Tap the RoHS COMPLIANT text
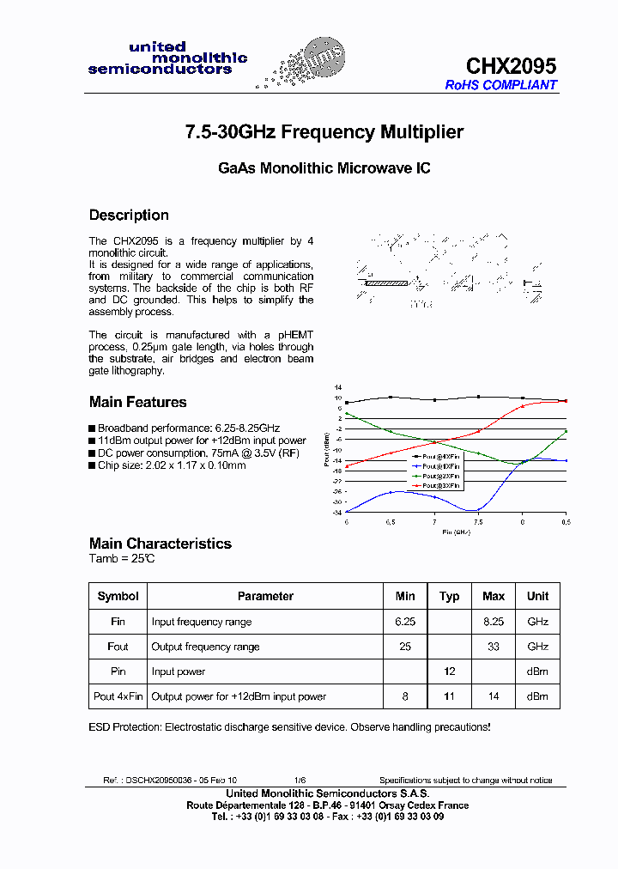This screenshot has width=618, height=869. (x=500, y=85)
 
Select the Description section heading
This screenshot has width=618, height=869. (x=129, y=215)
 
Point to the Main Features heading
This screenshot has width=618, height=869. (x=137, y=402)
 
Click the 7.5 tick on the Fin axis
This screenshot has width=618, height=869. (x=478, y=521)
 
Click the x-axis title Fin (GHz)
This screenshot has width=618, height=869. (x=455, y=532)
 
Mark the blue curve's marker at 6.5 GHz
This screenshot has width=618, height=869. (x=391, y=492)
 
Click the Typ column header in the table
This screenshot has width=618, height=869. (x=449, y=596)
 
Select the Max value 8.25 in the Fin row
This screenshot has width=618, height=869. (x=494, y=621)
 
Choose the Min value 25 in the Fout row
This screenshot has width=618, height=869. (x=405, y=647)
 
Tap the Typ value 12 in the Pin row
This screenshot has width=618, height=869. (x=449, y=671)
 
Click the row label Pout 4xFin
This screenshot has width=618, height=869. (x=118, y=696)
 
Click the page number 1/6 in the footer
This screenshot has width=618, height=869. (x=300, y=781)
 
